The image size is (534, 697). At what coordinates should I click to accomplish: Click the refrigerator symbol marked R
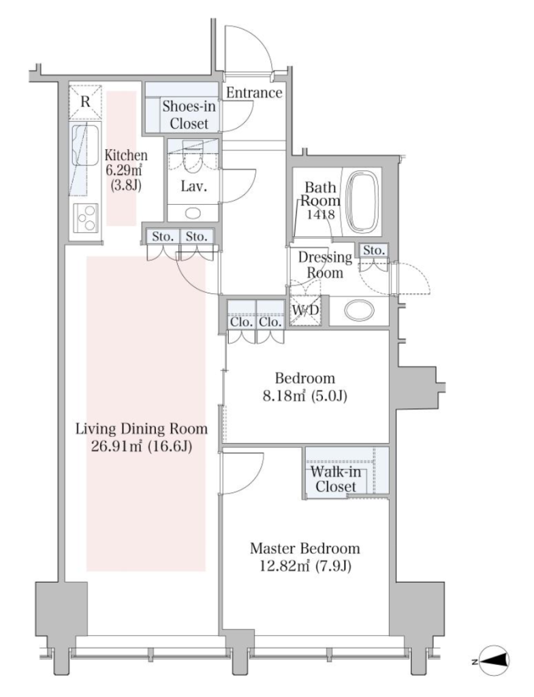[85, 102]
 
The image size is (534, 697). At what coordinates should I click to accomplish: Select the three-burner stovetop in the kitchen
[85, 218]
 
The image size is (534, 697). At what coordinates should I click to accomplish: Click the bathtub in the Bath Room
[364, 203]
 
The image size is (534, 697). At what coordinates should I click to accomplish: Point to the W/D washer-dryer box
[305, 310]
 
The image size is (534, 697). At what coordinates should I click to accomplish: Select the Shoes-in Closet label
[189, 114]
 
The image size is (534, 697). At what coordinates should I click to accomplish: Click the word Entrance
[254, 93]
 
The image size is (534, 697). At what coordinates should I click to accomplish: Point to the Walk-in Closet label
[336, 479]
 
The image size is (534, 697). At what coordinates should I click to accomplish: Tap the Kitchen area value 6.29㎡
[126, 170]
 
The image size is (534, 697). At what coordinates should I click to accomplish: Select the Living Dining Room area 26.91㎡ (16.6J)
[142, 446]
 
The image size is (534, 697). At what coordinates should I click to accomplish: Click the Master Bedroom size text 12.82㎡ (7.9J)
[305, 566]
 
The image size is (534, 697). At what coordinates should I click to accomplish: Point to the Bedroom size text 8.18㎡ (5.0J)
[305, 395]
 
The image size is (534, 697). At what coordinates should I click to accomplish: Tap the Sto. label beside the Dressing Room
[374, 250]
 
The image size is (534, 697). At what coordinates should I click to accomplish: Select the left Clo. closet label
[242, 321]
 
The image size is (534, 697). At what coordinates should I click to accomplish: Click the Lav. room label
[193, 186]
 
